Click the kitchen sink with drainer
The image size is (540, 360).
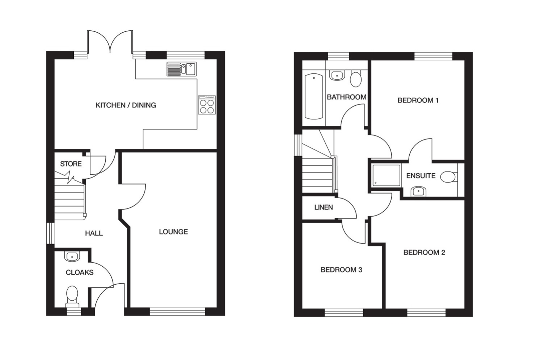[x=182, y=69]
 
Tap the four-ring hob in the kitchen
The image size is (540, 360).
[x=207, y=105]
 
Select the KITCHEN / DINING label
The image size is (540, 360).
[x=126, y=105]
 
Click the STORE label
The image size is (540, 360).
[x=71, y=164]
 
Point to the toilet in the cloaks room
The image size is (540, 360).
[x=72, y=296]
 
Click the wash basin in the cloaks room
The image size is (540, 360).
[x=72, y=257]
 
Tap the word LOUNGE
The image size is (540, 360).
[x=173, y=232]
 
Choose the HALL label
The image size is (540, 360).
[x=94, y=233]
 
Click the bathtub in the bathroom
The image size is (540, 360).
[x=314, y=96]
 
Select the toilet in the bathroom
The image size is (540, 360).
[x=356, y=79]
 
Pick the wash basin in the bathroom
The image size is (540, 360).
[x=337, y=75]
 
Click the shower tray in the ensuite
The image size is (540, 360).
[x=387, y=175]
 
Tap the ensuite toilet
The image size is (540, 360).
[x=449, y=177]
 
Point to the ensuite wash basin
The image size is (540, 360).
[x=418, y=192]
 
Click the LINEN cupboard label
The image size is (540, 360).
[x=324, y=207]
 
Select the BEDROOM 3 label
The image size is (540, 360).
[x=341, y=270]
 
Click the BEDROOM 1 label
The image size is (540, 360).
[x=418, y=100]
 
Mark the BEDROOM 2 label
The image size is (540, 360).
[x=424, y=252]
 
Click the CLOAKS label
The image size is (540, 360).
[x=80, y=272]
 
